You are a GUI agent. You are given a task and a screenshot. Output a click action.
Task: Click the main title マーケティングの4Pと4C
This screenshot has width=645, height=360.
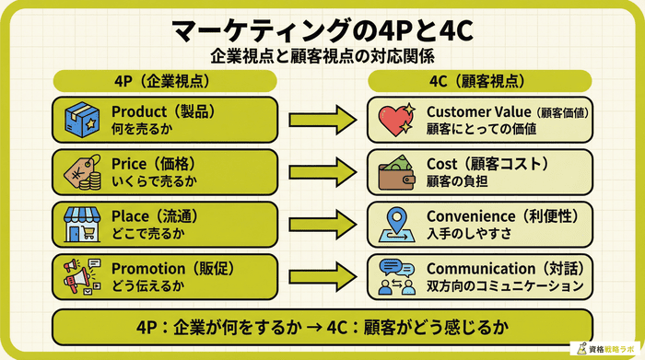[x=322, y=29]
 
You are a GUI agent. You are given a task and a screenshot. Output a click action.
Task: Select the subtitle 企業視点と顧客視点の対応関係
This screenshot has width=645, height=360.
[x=322, y=55]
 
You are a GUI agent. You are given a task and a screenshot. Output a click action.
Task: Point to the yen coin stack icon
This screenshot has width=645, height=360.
[x=81, y=170]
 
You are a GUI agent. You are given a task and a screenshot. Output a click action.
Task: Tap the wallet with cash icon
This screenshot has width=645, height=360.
[x=398, y=171]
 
